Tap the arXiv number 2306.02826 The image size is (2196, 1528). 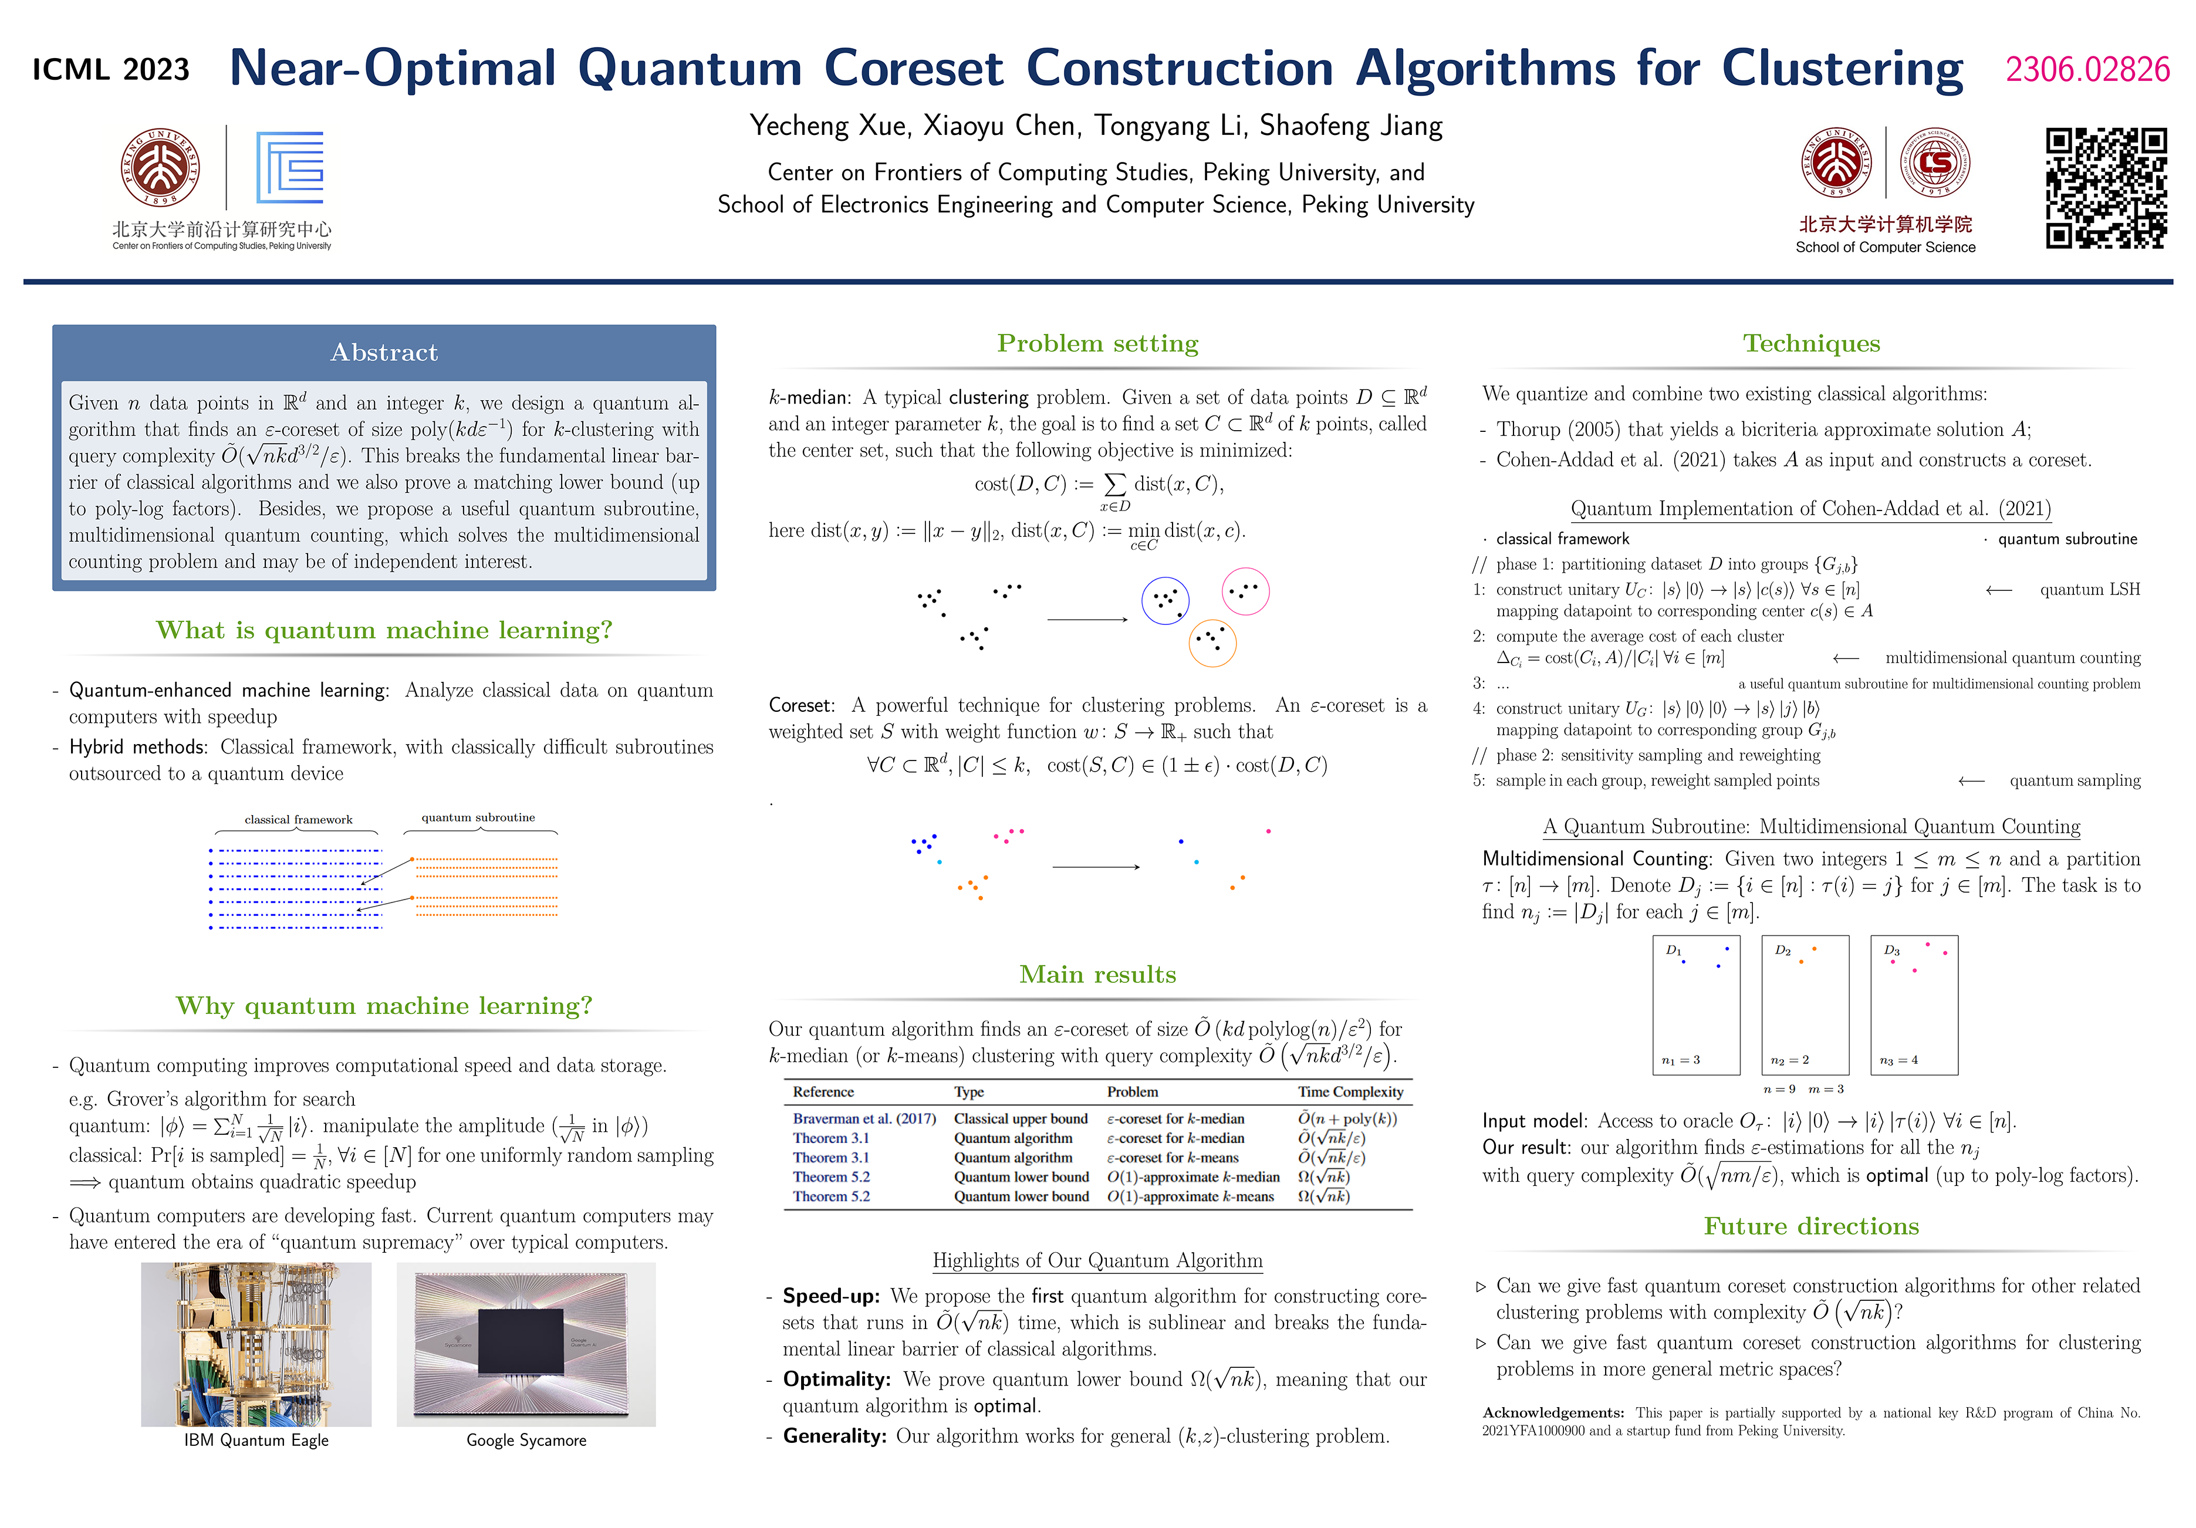point(2087,70)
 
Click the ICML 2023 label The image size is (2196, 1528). point(111,70)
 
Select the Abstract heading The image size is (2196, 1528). point(384,353)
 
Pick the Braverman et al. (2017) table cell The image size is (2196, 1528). point(864,1119)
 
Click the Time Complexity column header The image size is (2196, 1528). point(1350,1092)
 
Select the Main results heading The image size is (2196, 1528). point(1097,974)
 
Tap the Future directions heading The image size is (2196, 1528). point(1810,1227)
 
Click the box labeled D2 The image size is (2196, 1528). point(1805,1005)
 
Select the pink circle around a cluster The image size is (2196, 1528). point(1245,592)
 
